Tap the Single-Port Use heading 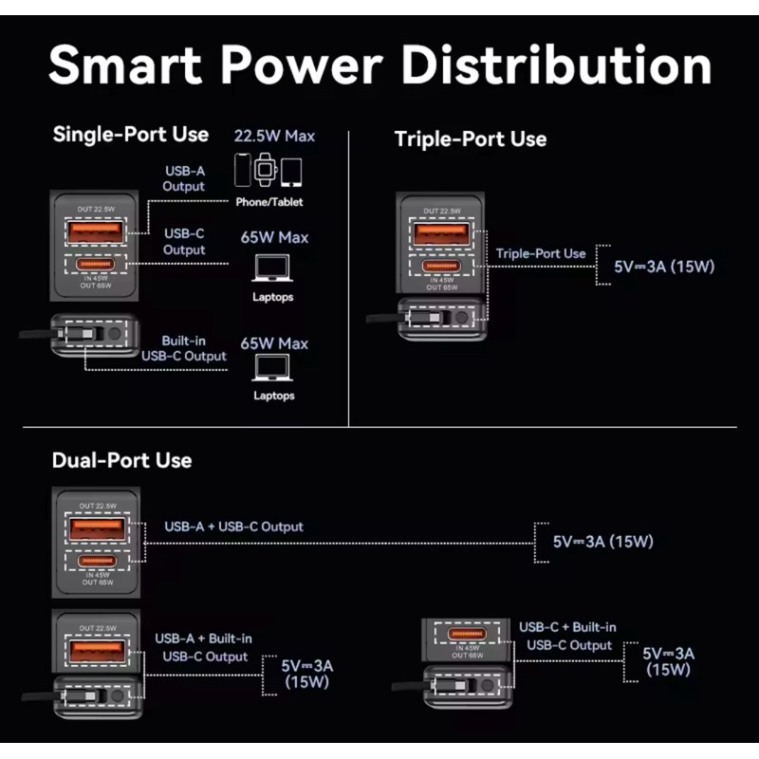point(131,134)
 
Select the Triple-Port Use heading point(471,139)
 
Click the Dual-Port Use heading point(122,460)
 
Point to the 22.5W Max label point(273,136)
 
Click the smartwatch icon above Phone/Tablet point(267,172)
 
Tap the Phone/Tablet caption point(270,202)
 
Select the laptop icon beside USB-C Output point(273,270)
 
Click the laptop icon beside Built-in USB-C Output point(273,369)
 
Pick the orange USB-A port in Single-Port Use point(94,231)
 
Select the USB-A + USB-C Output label point(234,527)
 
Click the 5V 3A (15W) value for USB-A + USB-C point(603,542)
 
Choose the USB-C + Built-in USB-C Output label point(567,636)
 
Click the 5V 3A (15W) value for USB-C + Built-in point(669,660)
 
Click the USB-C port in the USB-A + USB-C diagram point(94,559)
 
